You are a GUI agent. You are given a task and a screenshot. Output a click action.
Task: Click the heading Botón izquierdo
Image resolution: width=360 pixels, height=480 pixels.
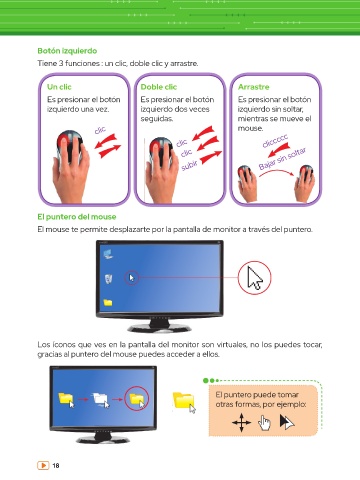[67, 51]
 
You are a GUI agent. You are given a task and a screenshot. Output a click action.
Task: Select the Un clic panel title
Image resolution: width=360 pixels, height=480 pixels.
[59, 87]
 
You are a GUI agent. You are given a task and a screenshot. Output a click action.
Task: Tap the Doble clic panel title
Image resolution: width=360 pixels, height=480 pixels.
[159, 87]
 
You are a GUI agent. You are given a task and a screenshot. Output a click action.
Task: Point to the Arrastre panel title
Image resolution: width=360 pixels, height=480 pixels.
[254, 87]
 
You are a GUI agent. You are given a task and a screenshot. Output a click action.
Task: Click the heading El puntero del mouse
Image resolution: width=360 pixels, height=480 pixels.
[77, 217]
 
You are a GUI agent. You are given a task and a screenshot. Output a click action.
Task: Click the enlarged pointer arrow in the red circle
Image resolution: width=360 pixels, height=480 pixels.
[255, 278]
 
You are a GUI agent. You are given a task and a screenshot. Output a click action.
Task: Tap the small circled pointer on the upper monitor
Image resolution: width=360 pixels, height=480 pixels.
[132, 278]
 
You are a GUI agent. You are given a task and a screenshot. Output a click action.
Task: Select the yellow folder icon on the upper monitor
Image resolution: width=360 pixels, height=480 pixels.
[108, 302]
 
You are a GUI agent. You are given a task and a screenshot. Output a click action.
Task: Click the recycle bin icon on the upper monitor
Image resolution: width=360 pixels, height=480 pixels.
[108, 279]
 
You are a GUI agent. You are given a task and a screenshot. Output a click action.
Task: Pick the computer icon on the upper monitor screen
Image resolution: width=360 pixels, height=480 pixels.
[108, 254]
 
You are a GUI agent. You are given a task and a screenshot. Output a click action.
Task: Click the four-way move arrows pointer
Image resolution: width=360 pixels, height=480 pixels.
[241, 423]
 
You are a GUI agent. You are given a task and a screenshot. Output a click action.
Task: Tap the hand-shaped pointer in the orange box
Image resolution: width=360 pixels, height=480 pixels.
[264, 423]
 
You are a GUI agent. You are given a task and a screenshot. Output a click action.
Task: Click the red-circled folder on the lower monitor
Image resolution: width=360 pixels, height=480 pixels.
[137, 399]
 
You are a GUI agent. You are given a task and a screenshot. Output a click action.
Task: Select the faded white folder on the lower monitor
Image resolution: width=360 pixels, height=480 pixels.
[101, 399]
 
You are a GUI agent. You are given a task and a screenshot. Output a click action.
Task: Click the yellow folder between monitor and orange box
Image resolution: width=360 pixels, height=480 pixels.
[184, 402]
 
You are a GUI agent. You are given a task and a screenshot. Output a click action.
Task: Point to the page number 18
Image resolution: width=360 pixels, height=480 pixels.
[56, 465]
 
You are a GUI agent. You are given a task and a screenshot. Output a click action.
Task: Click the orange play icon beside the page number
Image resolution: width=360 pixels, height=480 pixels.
[43, 465]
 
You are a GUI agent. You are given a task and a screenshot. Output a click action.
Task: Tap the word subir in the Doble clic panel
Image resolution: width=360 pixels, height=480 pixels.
[189, 165]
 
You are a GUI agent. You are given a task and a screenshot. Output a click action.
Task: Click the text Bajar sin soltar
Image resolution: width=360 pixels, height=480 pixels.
[283, 159]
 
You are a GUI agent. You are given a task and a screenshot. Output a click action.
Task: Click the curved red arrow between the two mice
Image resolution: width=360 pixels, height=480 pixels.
[277, 171]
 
